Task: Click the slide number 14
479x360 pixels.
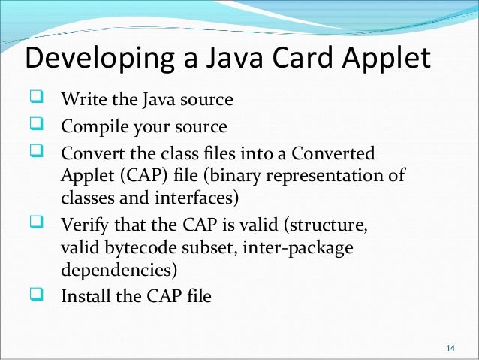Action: point(450,347)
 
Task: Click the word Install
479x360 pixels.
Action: point(85,296)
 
